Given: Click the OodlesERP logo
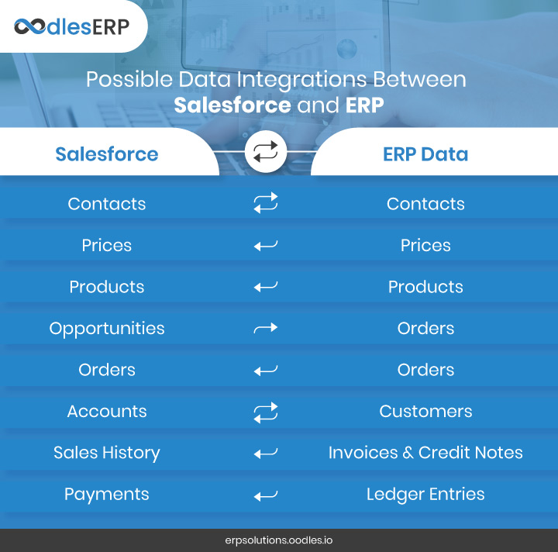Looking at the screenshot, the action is coord(71,27).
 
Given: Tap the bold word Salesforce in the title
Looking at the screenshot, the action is coord(232,105).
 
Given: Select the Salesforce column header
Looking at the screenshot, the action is coord(107,154).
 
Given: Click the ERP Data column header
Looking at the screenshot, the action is coord(425,154).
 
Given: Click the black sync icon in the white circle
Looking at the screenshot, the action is coord(266,151).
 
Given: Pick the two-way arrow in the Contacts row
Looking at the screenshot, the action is coord(266,203).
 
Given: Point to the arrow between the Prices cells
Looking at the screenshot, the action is coord(266,246).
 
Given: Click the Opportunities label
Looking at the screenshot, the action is coord(107,329).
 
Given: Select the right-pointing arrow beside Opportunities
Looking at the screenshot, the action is coord(266,328).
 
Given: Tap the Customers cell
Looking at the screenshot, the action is coord(425,412).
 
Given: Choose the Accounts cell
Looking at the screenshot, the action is coord(107,412).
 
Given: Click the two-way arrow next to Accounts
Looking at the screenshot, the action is coord(266,413).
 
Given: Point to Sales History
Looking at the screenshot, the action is coord(107,453).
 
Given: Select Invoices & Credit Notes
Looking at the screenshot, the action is coord(425,453).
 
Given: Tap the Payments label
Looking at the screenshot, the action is coord(107,495).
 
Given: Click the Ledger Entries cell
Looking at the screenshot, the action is coord(425,495).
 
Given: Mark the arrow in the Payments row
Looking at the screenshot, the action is coord(266,495).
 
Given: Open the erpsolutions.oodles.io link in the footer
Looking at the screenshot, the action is coord(279,540).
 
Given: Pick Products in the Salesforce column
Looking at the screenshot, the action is coord(107,287).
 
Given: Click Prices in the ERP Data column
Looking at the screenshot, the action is coord(425,245).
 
